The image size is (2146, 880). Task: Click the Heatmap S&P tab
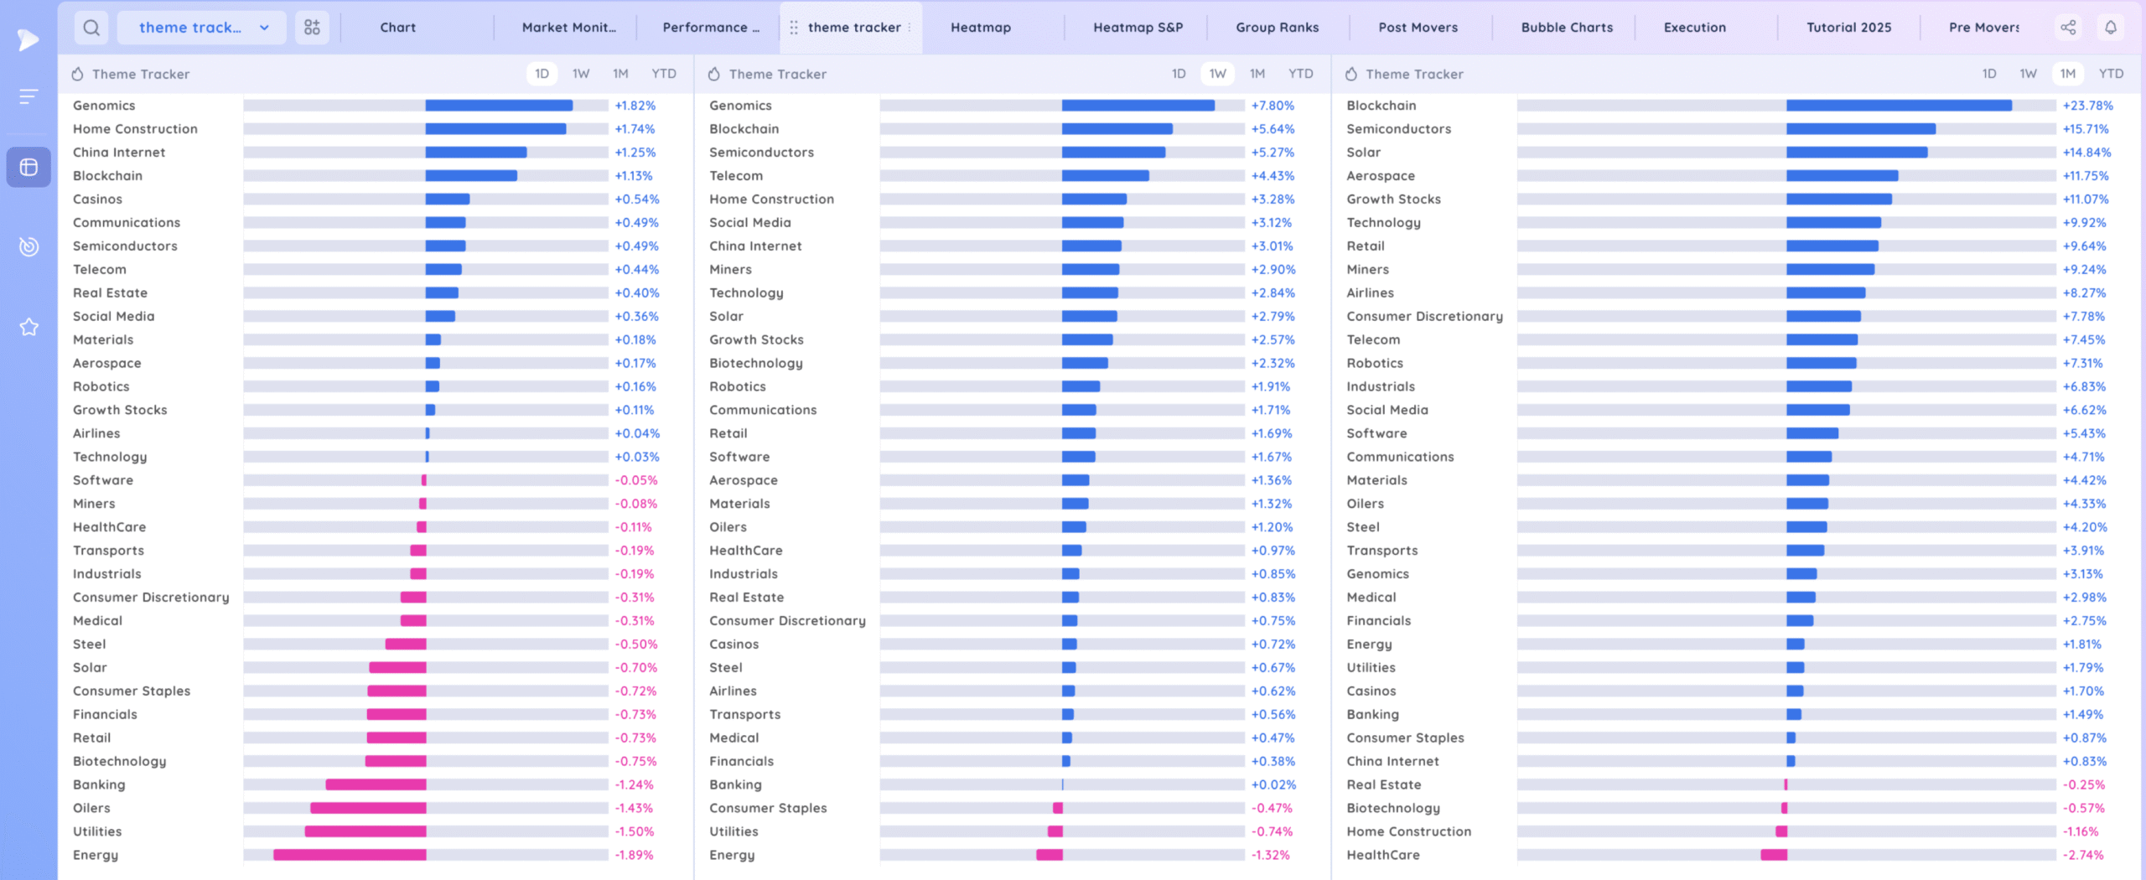1138,28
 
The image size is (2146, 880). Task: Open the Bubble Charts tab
1567,28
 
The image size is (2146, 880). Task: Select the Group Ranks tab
1277,28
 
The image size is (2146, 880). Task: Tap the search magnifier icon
91,28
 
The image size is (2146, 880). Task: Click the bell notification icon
2111,28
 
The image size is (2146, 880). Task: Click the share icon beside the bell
2069,28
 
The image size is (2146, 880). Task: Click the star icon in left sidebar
29,327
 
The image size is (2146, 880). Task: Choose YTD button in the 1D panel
664,74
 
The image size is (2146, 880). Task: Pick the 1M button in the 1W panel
1257,74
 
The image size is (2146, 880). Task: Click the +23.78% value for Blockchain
2087,106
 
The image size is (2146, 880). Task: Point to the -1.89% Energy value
634,856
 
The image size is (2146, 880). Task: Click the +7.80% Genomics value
1273,106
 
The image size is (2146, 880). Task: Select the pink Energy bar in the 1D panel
350,856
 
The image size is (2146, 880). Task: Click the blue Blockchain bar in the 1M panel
1899,106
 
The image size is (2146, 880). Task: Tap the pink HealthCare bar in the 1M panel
1774,856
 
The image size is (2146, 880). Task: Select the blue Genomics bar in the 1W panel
1138,106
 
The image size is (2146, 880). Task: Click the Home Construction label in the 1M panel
1408,832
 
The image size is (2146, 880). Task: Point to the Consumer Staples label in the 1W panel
768,809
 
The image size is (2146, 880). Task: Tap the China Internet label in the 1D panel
119,153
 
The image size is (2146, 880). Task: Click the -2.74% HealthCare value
2083,856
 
